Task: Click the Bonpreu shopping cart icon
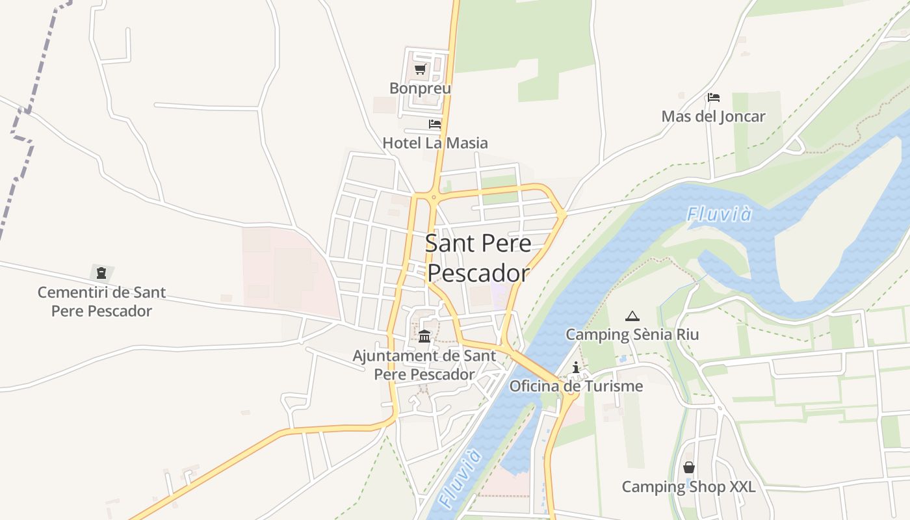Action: coord(420,70)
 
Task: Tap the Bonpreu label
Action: coord(420,88)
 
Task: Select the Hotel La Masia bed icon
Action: coord(435,124)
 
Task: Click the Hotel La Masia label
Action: coord(435,142)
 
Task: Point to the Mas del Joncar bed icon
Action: coord(713,98)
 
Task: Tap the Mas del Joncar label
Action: coord(713,116)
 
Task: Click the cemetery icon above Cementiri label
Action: coord(101,273)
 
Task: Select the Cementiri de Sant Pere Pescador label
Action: coord(101,302)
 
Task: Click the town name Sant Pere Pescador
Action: coord(478,258)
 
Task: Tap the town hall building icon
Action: coord(424,336)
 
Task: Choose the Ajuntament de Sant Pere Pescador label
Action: coord(424,365)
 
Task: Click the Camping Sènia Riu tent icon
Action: coord(632,317)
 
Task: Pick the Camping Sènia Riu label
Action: coord(632,334)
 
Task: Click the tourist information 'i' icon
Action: coord(575,368)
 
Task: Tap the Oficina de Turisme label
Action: coord(576,386)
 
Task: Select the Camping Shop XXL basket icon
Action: coord(689,467)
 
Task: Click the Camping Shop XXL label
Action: coord(689,486)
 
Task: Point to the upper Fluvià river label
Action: coord(720,214)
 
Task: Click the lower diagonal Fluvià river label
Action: coord(460,477)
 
